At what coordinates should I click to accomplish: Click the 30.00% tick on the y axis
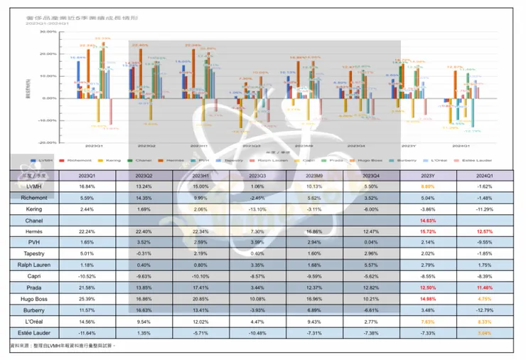tap(48, 32)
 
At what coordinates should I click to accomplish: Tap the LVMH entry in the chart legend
tap(45, 161)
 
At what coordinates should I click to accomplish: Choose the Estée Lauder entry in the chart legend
tap(466, 161)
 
